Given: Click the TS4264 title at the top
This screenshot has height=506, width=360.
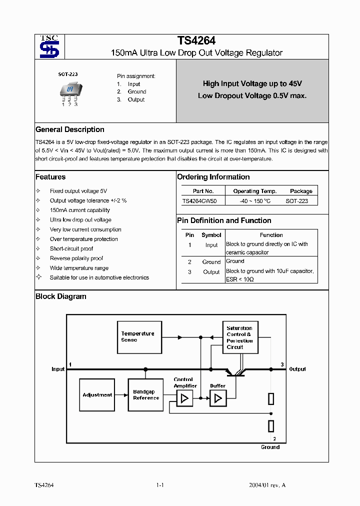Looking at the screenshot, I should pyautogui.click(x=196, y=41).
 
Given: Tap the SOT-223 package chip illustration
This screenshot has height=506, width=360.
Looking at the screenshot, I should pyautogui.click(x=69, y=91).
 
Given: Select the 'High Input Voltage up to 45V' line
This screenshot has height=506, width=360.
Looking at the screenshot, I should pyautogui.click(x=252, y=84).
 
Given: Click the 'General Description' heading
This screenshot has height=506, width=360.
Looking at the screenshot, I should pyautogui.click(x=70, y=129).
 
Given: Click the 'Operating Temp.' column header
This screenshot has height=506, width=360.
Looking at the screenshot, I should pyautogui.click(x=254, y=191).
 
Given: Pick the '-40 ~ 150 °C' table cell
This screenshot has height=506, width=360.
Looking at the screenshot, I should pyautogui.click(x=254, y=201).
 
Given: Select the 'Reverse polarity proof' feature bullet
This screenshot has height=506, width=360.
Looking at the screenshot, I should pyautogui.click(x=76, y=258).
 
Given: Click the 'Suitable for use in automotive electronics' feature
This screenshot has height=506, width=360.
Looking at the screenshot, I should pyautogui.click(x=99, y=277).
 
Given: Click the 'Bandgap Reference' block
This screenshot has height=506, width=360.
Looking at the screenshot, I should pyautogui.click(x=146, y=395).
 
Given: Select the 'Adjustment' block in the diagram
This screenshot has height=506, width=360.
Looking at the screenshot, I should pyautogui.click(x=97, y=395).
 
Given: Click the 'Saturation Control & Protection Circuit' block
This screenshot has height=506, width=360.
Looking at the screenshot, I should pyautogui.click(x=239, y=337).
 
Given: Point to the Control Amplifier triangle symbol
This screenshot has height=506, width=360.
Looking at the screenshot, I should pyautogui.click(x=184, y=398).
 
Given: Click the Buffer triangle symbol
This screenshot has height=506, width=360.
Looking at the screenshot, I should pyautogui.click(x=217, y=398).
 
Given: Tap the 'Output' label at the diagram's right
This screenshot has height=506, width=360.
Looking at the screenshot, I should pyautogui.click(x=297, y=369).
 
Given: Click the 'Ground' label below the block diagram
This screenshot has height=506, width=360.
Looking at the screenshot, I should pyautogui.click(x=270, y=447).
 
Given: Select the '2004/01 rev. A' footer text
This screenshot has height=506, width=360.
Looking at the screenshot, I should pyautogui.click(x=267, y=485).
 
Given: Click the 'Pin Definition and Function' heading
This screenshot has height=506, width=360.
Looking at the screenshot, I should pyautogui.click(x=224, y=220).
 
